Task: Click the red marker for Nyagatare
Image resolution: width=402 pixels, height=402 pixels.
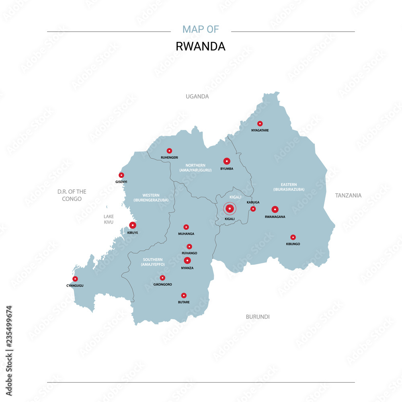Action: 260,123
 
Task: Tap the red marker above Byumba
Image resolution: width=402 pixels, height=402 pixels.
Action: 227,161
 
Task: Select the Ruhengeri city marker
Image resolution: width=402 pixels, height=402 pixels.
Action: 169,151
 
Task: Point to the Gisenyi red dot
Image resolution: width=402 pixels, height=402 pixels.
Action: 121,175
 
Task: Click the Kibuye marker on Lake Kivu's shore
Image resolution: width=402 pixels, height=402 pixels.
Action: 133,225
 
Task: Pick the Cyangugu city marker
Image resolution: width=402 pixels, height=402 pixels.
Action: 75,279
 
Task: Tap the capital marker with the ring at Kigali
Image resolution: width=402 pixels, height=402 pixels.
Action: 230,209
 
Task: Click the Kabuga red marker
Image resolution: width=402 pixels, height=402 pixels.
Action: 253,209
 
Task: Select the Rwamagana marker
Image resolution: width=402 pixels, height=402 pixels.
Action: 275,209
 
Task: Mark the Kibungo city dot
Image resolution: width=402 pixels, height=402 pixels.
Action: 293,237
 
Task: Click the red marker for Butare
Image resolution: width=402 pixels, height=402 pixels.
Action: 184,295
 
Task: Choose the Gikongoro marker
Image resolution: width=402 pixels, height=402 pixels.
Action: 162,278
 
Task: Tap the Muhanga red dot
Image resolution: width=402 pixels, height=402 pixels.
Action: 186,227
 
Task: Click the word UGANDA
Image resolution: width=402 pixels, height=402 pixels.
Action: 197,96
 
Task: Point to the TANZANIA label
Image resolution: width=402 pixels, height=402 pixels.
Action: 349,195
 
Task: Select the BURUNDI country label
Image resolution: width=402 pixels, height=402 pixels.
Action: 258,317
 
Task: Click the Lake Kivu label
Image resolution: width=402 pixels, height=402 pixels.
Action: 109,219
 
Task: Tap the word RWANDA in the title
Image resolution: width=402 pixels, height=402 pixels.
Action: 201,46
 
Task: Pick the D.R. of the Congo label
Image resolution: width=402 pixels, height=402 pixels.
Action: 72,195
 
